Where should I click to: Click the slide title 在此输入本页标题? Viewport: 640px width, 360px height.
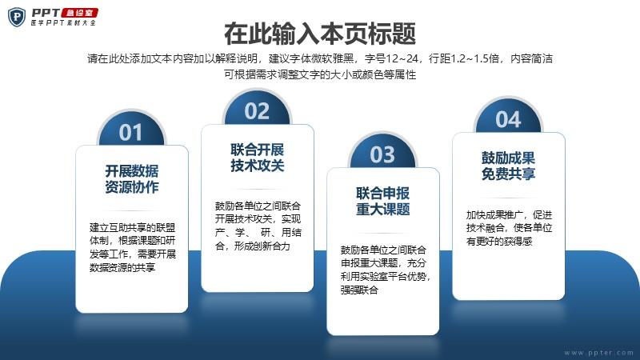coord(319,34)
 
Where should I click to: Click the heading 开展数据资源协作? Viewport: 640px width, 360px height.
coord(132,178)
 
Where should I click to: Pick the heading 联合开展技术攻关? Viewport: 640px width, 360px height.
coord(257,158)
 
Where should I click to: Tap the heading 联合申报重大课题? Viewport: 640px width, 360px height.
coord(383,202)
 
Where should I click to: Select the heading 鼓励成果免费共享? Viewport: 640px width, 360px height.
coord(508,166)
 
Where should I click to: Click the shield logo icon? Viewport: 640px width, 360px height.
coord(17,17)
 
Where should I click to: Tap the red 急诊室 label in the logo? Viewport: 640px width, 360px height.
coord(80,13)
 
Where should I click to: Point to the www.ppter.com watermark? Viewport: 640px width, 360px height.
coord(598,352)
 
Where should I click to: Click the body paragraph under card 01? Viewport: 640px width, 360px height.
coord(133,247)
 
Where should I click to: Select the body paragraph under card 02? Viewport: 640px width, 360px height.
coord(258,226)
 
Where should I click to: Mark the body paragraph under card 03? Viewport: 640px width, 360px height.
coord(386,270)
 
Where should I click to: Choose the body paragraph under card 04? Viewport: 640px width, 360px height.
coord(509,228)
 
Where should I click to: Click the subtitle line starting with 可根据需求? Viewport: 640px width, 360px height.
coord(320,74)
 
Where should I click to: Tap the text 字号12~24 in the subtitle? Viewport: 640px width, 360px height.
coord(391,58)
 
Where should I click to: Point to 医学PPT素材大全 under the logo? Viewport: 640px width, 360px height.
coord(63,23)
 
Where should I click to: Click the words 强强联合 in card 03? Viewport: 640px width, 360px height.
coord(359,290)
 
